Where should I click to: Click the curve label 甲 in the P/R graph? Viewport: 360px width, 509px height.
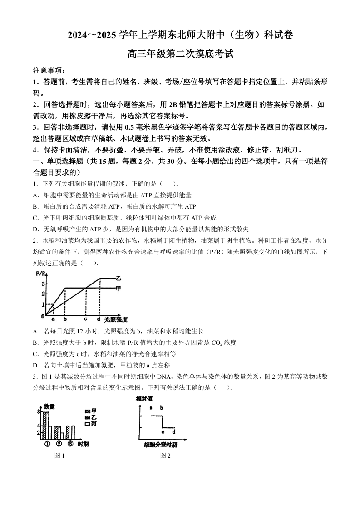click(x=119, y=288)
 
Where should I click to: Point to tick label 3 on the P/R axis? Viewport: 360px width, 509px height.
click(x=43, y=284)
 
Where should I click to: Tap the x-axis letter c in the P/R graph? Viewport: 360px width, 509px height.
click(x=86, y=319)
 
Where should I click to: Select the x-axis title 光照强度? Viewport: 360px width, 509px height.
click(x=116, y=319)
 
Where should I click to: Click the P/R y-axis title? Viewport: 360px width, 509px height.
click(x=41, y=274)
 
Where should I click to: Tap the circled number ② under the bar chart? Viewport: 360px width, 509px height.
click(x=58, y=444)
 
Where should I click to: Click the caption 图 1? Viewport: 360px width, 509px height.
click(x=59, y=456)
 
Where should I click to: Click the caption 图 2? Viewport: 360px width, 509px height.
click(x=165, y=456)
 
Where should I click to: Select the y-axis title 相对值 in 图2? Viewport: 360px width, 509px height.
click(x=144, y=399)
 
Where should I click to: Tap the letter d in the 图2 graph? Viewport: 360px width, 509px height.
click(x=173, y=431)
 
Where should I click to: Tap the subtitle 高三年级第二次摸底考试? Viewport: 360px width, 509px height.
click(x=180, y=54)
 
